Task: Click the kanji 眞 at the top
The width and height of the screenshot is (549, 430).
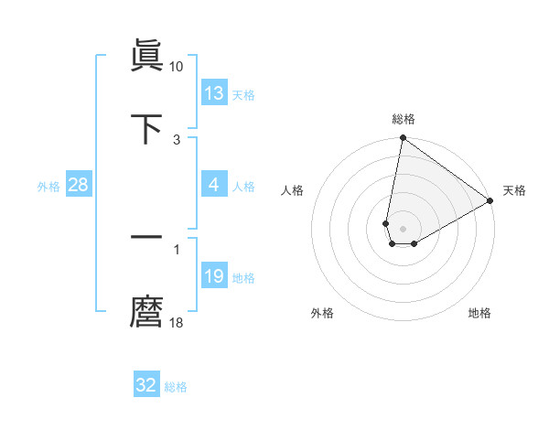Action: (147, 56)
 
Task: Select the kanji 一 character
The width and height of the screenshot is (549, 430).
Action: (147, 237)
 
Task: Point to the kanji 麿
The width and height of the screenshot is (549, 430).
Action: (147, 312)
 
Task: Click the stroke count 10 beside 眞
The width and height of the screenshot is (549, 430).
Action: (177, 67)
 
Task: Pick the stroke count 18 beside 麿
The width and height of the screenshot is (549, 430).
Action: (177, 323)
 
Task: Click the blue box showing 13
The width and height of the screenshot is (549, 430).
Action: (214, 93)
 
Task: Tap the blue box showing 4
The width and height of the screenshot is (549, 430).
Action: (214, 185)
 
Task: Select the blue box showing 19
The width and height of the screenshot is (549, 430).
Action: (214, 276)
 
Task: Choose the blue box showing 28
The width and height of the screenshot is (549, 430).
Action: (79, 185)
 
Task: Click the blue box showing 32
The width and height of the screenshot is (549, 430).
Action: (146, 385)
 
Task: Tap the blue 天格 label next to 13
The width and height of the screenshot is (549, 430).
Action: (243, 95)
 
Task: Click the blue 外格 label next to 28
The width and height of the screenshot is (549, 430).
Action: (48, 187)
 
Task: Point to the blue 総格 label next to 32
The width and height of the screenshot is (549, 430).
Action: (176, 387)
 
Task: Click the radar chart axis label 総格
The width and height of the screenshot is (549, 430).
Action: (404, 119)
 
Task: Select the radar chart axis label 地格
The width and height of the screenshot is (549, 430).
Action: (479, 313)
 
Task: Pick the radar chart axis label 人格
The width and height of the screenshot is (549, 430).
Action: (293, 191)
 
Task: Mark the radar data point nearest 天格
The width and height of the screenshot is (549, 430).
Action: (490, 201)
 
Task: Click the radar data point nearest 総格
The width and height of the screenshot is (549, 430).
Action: (403, 138)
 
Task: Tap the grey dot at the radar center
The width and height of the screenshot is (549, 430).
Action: (403, 229)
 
